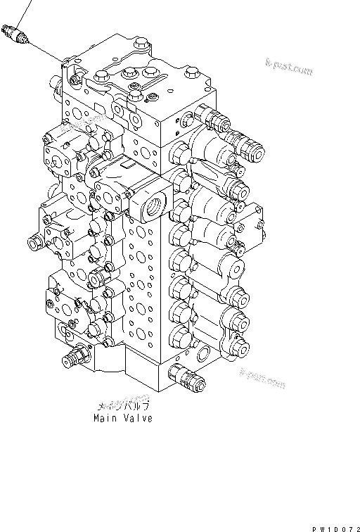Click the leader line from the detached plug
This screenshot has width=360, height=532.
pyautogui.click(x=46, y=51)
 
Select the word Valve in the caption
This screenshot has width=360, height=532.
pyautogui.click(x=138, y=418)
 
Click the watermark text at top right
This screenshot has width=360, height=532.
pyautogui.click(x=288, y=68)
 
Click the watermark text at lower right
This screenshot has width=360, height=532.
pyautogui.click(x=262, y=381)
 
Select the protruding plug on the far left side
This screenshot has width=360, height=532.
pyautogui.click(x=34, y=243)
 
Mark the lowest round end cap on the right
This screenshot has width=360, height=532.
pyautogui.click(x=241, y=345)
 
